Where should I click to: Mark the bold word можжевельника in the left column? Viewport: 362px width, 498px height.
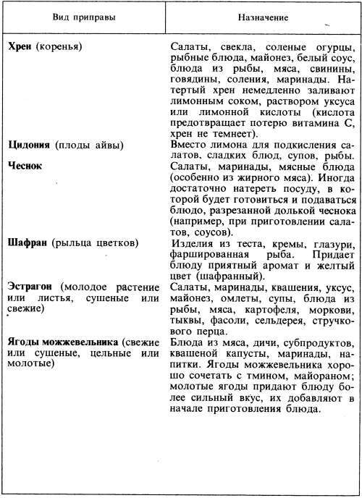click(82, 342)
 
